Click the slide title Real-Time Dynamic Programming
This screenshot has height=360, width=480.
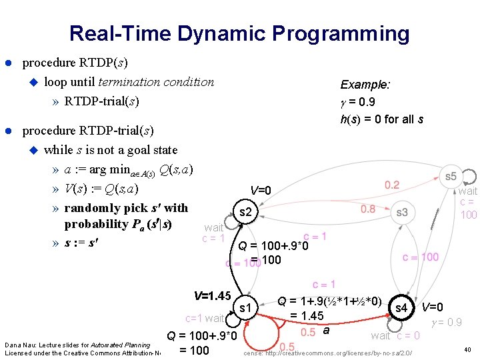pyautogui.click(x=239, y=33)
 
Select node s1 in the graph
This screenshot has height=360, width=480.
pyautogui.click(x=245, y=307)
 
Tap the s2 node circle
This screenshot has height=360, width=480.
pyautogui.click(x=245, y=212)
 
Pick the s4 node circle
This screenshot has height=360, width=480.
pyautogui.click(x=401, y=308)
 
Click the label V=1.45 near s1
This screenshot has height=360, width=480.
pyautogui.click(x=211, y=295)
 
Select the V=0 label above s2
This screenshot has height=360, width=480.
pyautogui.click(x=261, y=191)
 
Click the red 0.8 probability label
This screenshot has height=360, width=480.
pyautogui.click(x=368, y=209)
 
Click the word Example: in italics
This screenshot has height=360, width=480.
pyautogui.click(x=365, y=85)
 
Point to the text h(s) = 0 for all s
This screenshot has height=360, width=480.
pyautogui.click(x=381, y=119)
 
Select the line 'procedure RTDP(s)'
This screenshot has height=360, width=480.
pyautogui.click(x=75, y=63)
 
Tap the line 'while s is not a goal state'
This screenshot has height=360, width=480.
pyautogui.click(x=111, y=149)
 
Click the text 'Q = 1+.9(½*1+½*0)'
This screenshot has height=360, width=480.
pyautogui.click(x=329, y=301)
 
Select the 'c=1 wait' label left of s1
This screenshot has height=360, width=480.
pyautogui.click(x=205, y=318)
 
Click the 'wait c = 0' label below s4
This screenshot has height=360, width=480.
pyautogui.click(x=395, y=335)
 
